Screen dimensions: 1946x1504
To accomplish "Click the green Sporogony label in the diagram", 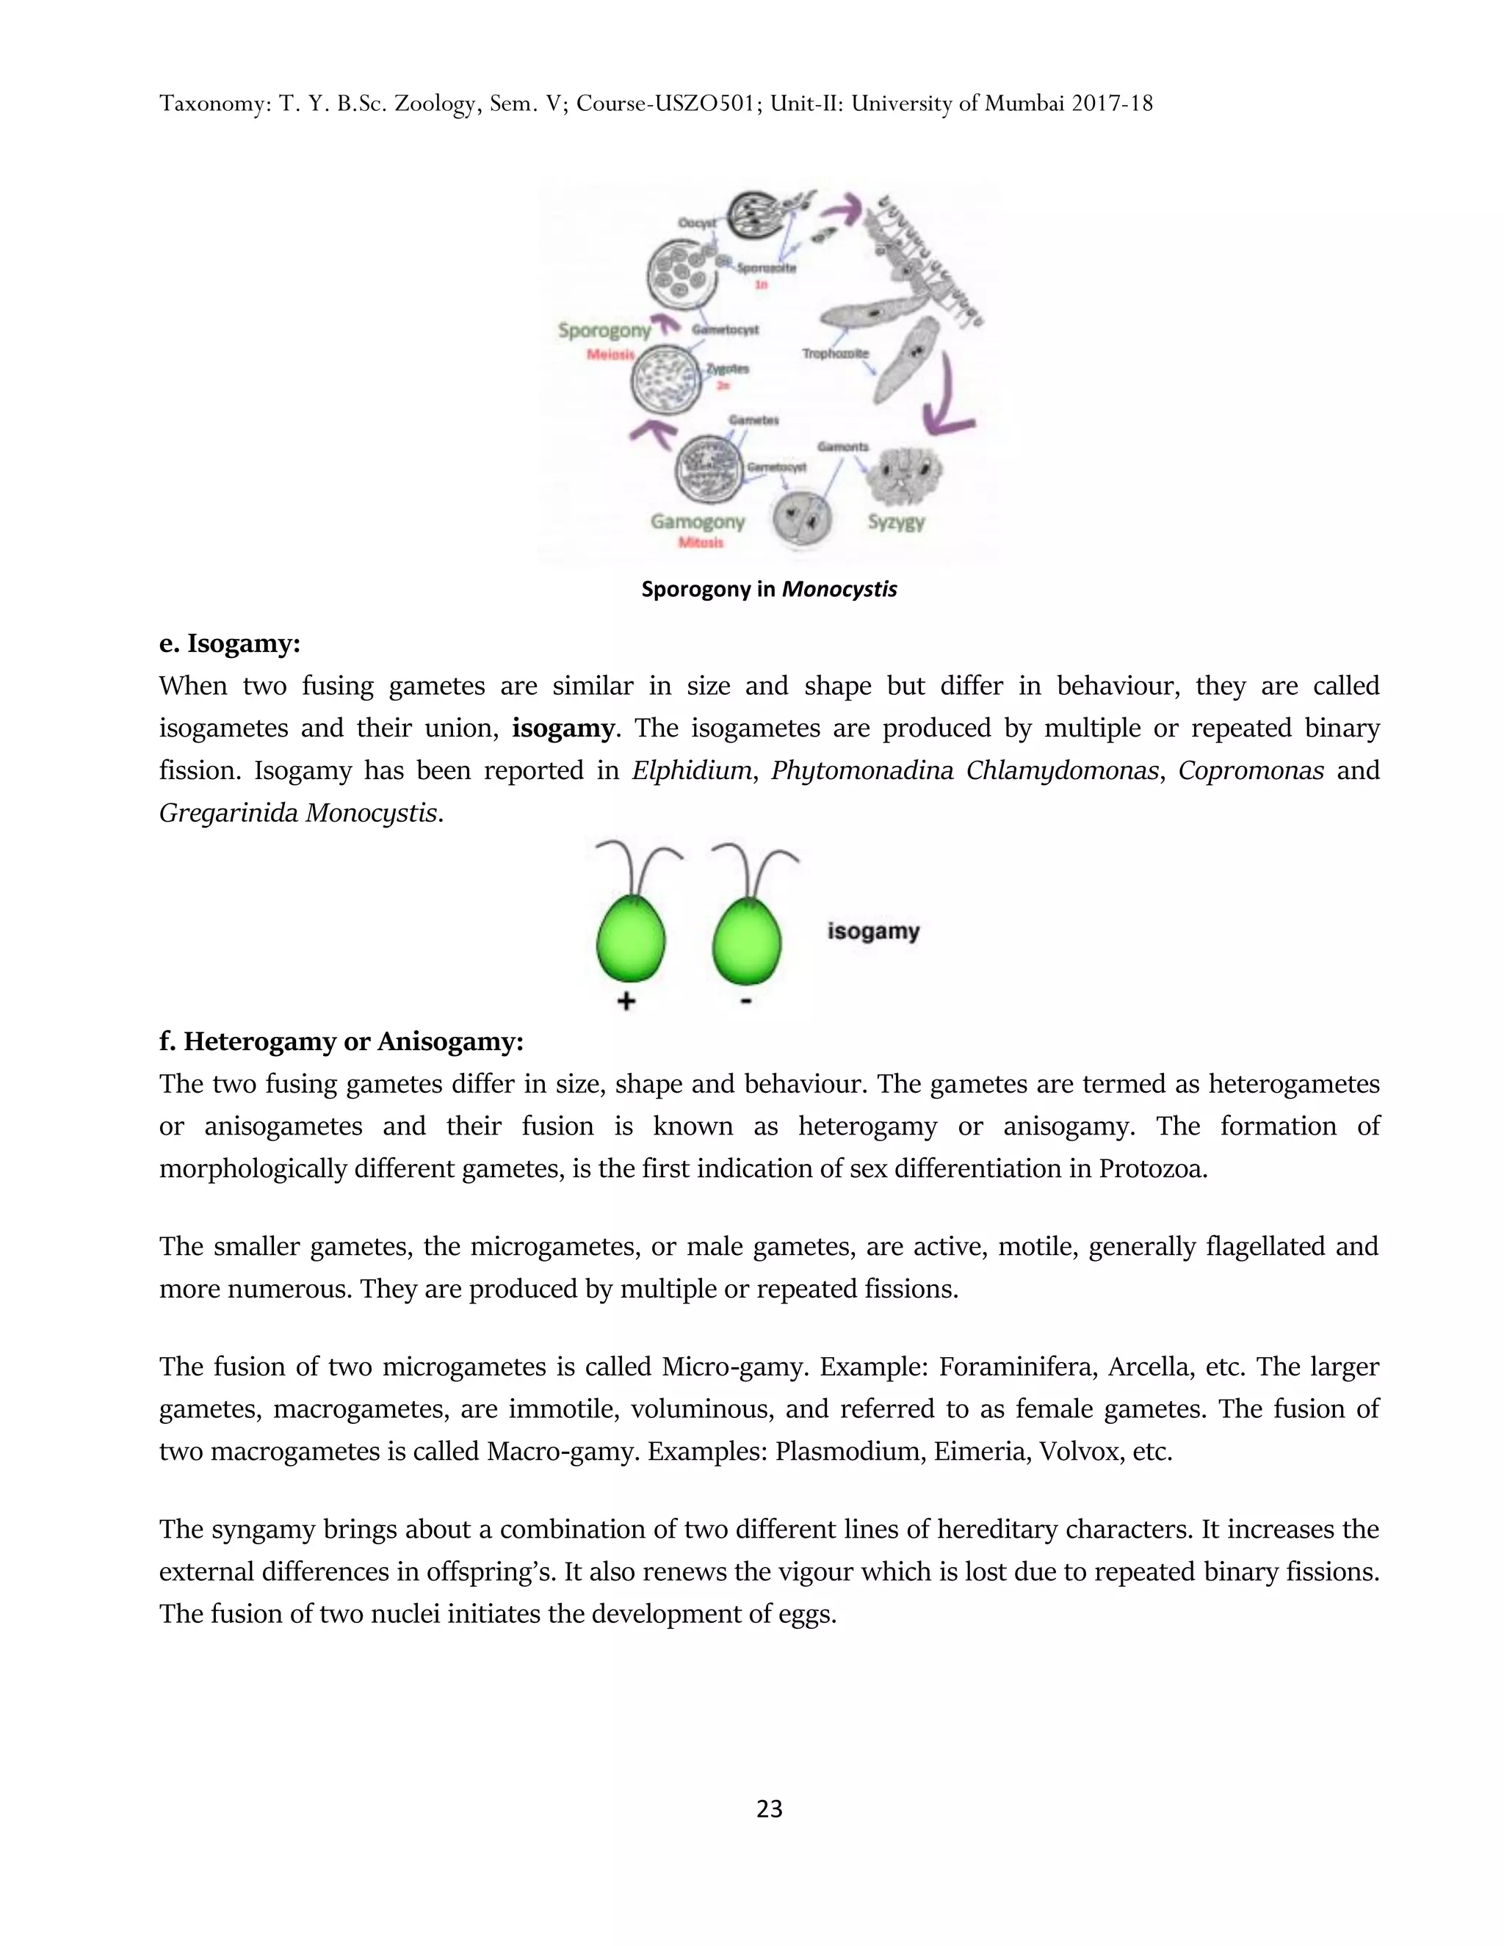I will pos(604,330).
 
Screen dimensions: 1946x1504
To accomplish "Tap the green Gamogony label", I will pos(697,521).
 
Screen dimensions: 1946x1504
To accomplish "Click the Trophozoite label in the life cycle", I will pos(835,354).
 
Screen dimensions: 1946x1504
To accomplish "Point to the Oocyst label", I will pos(697,223).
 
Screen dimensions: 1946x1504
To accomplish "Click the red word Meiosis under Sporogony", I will pos(610,355).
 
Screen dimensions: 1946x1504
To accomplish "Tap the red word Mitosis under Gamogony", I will pos(701,543).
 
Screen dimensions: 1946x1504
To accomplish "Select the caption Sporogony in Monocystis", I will pos(768,589).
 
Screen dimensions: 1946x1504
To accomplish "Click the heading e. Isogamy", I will pos(230,643).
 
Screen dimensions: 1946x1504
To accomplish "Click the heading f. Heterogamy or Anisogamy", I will pos(341,1041).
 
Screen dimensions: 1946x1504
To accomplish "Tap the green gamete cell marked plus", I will pos(629,941).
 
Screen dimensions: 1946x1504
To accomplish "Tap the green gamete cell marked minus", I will pos(746,941).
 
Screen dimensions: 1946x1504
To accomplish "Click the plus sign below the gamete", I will pos(626,1002).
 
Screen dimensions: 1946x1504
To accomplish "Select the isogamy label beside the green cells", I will pos(872,931).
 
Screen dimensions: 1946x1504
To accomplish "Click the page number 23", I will pos(768,1809).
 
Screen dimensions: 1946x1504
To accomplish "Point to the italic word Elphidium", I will pos(691,771).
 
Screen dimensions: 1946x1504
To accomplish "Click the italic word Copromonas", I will pos(1251,771).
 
